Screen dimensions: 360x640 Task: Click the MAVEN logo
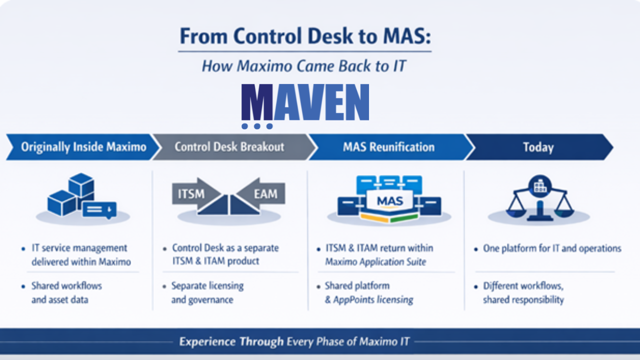pyautogui.click(x=305, y=102)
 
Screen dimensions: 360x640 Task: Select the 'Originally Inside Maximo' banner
pyautogui.click(x=83, y=147)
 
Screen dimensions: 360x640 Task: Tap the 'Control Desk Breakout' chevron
pyautogui.click(x=229, y=147)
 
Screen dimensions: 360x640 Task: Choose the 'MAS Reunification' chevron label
pyautogui.click(x=388, y=147)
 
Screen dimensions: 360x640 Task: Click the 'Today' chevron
pyautogui.click(x=538, y=147)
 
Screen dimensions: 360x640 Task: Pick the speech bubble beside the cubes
pyautogui.click(x=99, y=209)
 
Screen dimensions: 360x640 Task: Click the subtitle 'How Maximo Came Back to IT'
pyautogui.click(x=303, y=65)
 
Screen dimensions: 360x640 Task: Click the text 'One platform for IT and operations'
pyautogui.click(x=552, y=248)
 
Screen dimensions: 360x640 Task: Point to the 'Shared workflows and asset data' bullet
pyautogui.click(x=66, y=292)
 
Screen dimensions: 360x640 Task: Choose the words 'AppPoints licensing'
pyautogui.click(x=373, y=300)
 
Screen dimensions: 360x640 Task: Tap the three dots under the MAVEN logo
pyautogui.click(x=256, y=126)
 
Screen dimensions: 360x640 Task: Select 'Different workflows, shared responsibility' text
pyautogui.click(x=523, y=293)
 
